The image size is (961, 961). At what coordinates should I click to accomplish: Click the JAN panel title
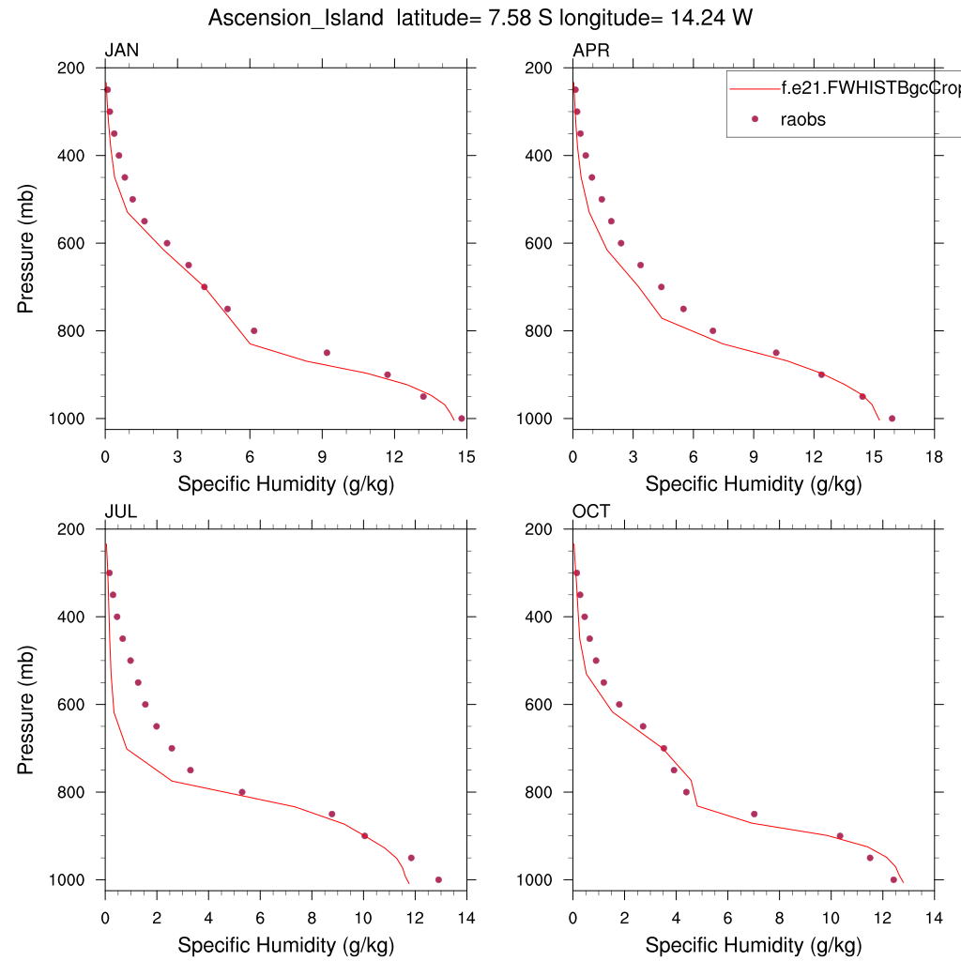122,51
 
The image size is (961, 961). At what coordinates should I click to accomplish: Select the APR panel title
591,51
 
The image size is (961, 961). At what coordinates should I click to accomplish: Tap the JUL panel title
121,511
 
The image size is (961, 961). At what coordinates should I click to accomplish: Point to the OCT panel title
591,511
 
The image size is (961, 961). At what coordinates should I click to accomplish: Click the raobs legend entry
802,119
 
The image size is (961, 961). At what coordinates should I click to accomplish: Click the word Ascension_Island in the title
297,18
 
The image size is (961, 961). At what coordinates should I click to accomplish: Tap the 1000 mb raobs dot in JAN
461,419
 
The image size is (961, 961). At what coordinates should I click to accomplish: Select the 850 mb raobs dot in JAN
327,353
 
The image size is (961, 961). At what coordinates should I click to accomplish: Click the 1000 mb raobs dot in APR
892,419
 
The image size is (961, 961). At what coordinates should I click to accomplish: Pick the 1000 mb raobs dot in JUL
438,879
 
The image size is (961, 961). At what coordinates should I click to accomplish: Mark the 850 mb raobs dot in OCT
754,814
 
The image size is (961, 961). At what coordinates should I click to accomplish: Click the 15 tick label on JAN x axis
467,457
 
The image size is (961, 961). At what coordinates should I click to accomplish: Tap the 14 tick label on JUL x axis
465,918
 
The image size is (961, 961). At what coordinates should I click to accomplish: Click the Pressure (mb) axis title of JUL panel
26,704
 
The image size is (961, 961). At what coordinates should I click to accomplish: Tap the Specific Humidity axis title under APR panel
753,484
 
